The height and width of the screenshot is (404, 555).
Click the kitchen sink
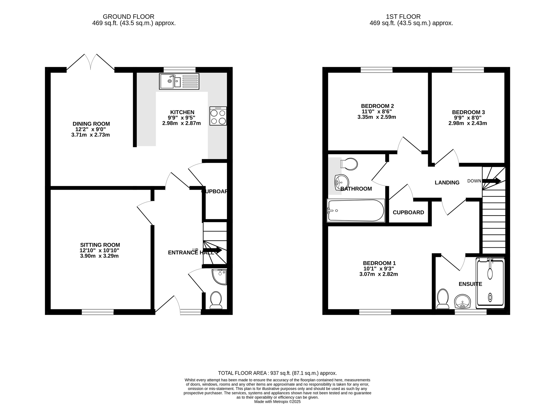[x=179, y=81]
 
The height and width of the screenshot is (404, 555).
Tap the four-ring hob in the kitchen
[x=218, y=116]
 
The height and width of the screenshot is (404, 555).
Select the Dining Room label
[x=91, y=124]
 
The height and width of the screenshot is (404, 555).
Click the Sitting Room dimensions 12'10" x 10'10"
[x=99, y=250]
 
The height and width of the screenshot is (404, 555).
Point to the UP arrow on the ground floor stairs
[x=212, y=250]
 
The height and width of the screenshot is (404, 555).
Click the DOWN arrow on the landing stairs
[x=492, y=181]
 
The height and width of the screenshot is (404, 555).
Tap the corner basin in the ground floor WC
[x=220, y=277]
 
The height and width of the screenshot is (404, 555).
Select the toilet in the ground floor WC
[x=216, y=300]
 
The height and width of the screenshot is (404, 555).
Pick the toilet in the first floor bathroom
[x=349, y=164]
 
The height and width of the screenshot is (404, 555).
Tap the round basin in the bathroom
[x=341, y=182]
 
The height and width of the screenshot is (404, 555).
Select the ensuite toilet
[x=443, y=299]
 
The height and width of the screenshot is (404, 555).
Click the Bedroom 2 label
[x=377, y=106]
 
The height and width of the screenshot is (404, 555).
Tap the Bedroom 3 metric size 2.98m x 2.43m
[x=468, y=123]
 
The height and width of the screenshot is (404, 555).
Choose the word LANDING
[x=447, y=183]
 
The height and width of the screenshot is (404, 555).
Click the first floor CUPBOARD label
[x=408, y=213]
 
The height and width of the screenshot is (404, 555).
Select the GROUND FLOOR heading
[x=129, y=17]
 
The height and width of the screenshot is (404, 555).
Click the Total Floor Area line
[x=277, y=373]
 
